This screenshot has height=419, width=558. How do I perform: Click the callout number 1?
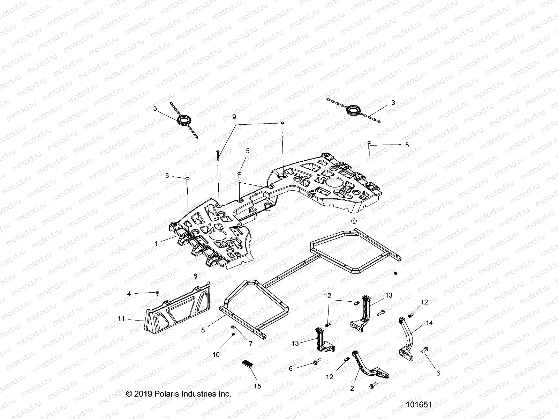click(156, 243)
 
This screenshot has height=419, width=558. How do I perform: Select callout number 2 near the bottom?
click(352, 388)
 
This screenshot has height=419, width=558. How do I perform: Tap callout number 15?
click(257, 386)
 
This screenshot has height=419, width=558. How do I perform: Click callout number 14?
click(429, 323)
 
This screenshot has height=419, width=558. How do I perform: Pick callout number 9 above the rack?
click(234, 117)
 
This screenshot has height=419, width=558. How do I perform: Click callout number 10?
click(216, 355)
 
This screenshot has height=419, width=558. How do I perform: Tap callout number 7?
click(250, 344)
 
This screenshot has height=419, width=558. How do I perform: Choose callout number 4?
click(129, 294)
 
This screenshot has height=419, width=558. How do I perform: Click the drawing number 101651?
click(419, 405)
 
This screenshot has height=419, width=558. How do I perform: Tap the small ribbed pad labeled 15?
click(249, 367)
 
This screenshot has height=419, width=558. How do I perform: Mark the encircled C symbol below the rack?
click(354, 221)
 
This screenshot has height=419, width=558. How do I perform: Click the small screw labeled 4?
click(158, 292)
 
